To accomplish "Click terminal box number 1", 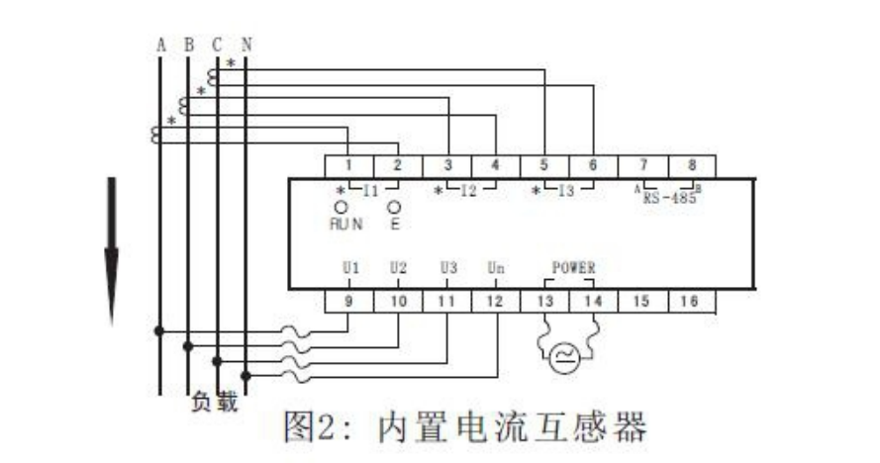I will [349, 166].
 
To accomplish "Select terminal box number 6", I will [592, 166].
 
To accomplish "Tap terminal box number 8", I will [691, 166].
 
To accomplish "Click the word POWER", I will [573, 268].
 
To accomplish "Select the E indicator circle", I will [394, 207].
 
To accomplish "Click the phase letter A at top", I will [160, 45].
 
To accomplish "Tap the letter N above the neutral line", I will [245, 45].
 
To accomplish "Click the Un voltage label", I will [496, 268].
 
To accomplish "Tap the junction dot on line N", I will [245, 376].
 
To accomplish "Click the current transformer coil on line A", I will [156, 135].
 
